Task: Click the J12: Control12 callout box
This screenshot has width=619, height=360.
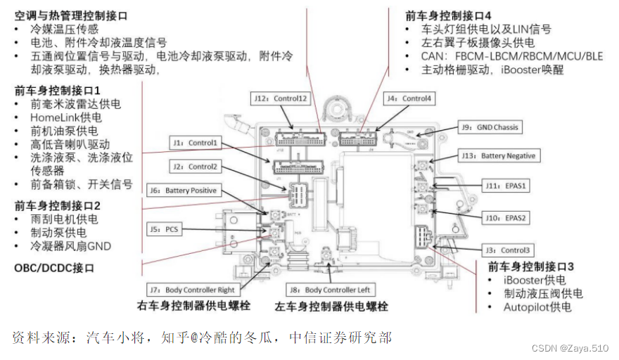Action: point(281,98)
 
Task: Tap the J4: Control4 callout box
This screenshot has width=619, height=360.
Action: point(408,98)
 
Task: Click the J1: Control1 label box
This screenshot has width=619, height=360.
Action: point(196,143)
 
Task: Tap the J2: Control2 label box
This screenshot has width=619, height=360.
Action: point(195,167)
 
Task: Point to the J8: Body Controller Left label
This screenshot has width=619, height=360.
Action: point(331,290)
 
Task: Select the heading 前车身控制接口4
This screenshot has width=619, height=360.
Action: point(448,15)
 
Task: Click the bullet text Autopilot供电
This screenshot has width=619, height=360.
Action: point(537,307)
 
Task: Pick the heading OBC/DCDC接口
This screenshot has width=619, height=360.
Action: point(54,269)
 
